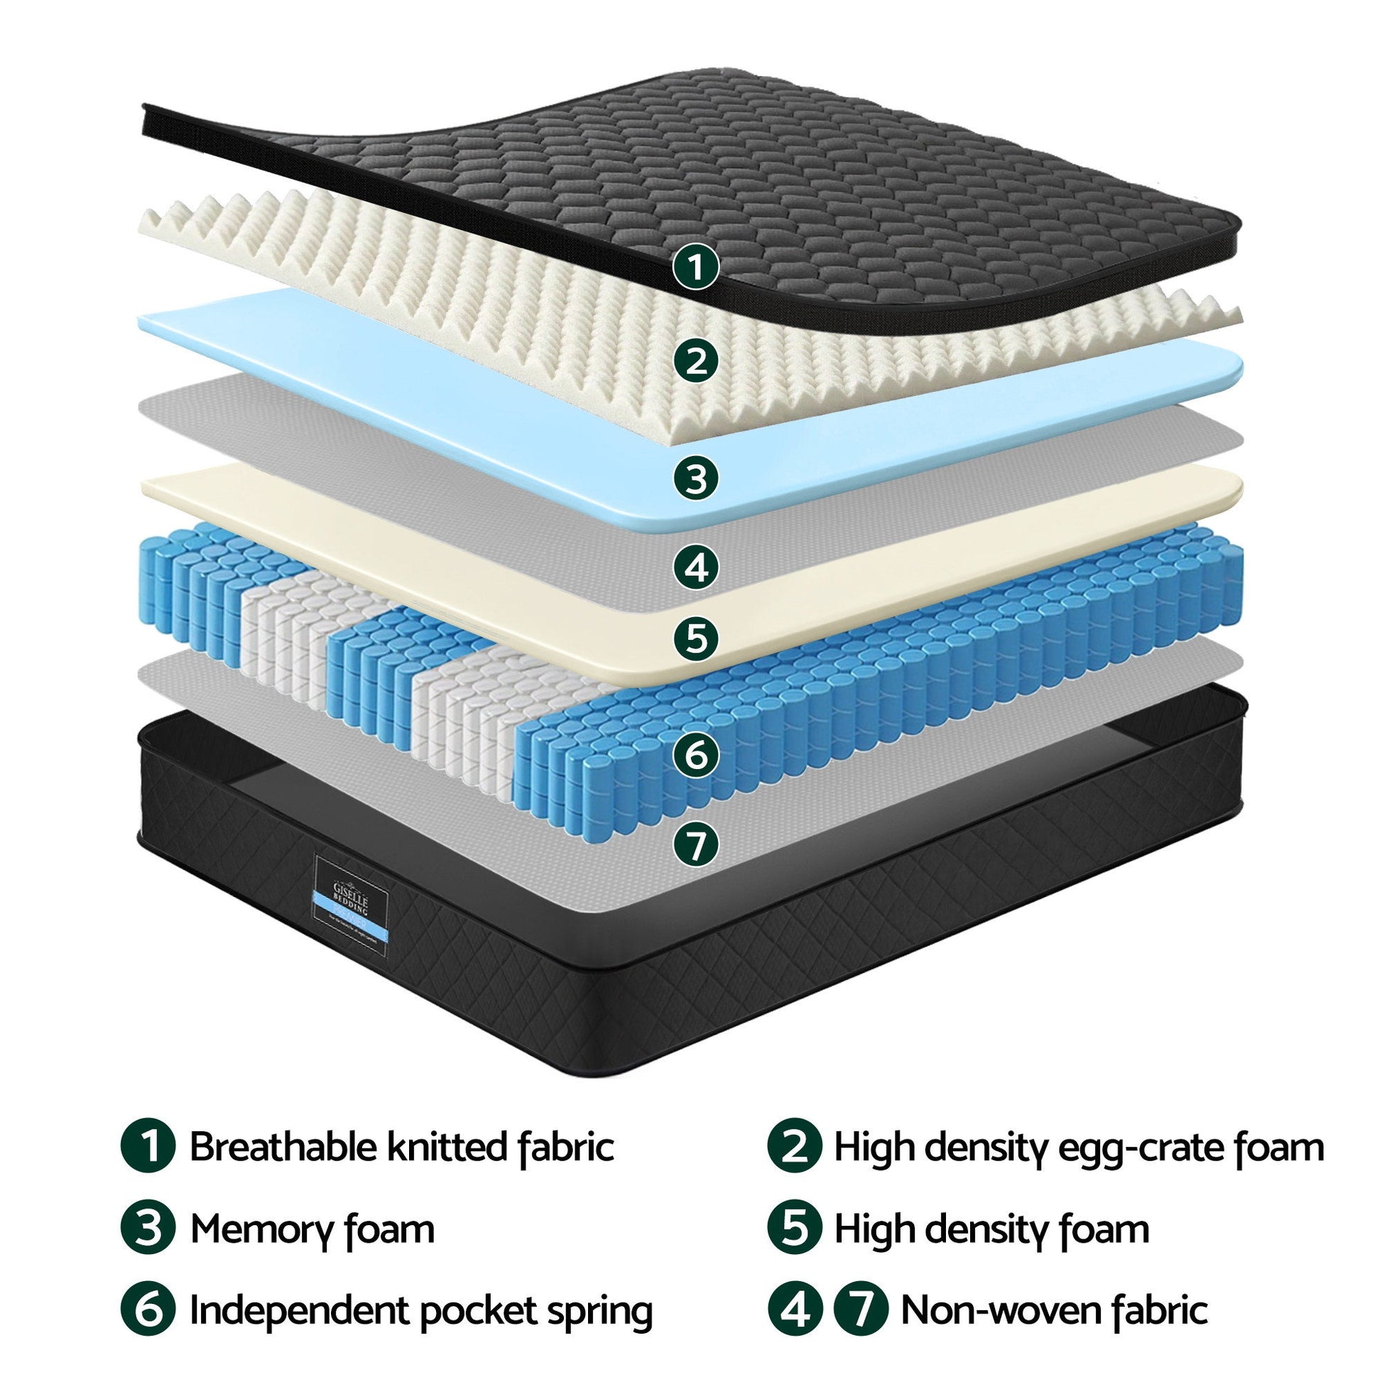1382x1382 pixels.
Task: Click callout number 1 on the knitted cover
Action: [695, 268]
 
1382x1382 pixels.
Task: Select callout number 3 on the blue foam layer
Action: [695, 477]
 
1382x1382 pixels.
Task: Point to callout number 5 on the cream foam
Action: [695, 637]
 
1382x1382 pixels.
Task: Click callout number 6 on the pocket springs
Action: [695, 756]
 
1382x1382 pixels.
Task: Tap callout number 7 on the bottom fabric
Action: [695, 846]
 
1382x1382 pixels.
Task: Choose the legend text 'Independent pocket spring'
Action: [420, 1312]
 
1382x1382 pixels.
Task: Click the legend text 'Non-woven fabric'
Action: [1054, 1312]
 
